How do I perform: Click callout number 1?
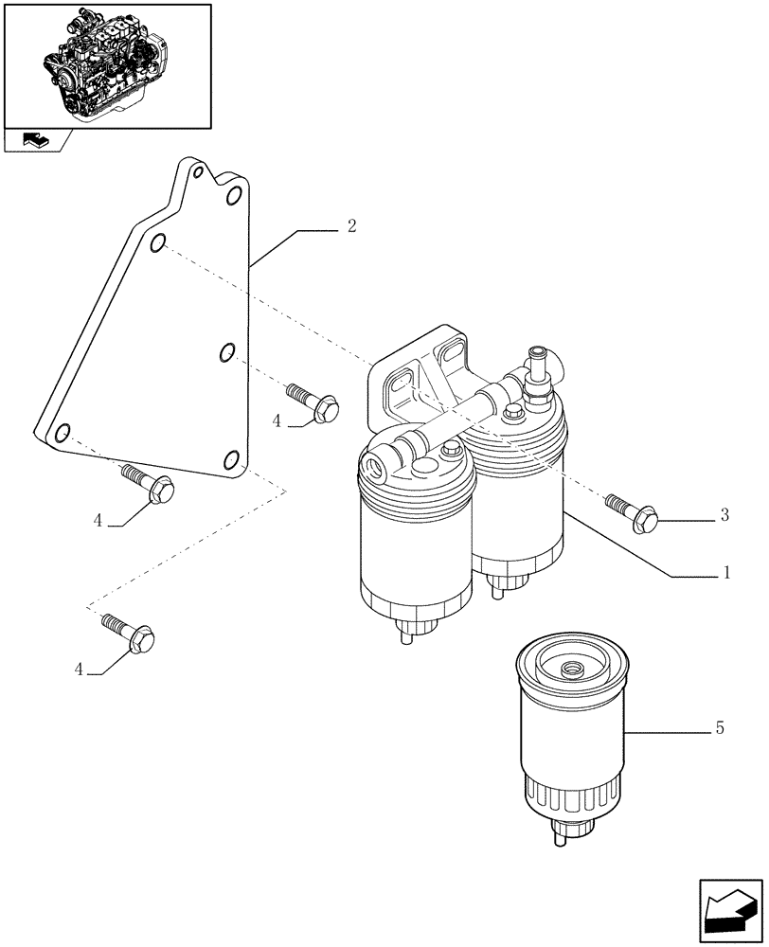point(726,573)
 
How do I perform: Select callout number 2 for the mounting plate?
point(350,226)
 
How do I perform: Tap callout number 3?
point(724,515)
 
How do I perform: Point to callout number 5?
point(721,728)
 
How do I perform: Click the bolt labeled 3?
point(633,510)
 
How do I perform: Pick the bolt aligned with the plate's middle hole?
point(312,402)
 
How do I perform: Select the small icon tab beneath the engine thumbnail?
point(35,141)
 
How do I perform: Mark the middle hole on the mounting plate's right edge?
point(226,353)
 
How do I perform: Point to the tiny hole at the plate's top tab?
point(197,173)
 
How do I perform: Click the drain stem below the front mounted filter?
point(407,636)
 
